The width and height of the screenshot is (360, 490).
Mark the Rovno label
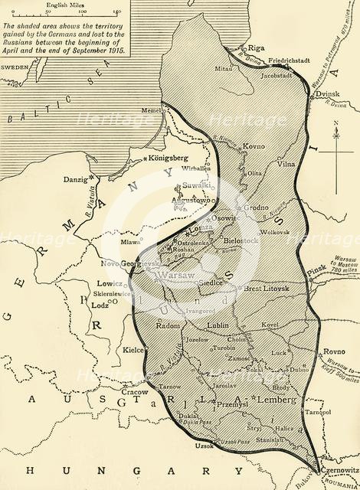(331, 332)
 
